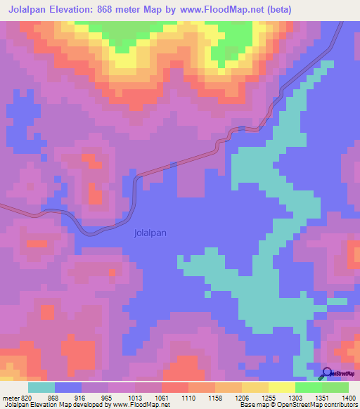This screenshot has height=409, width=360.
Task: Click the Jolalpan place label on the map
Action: pos(150,234)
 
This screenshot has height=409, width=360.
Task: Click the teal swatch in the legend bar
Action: pos(41,387)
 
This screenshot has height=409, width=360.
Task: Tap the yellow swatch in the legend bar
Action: pos(281,387)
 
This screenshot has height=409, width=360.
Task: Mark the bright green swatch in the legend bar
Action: pos(308,387)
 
